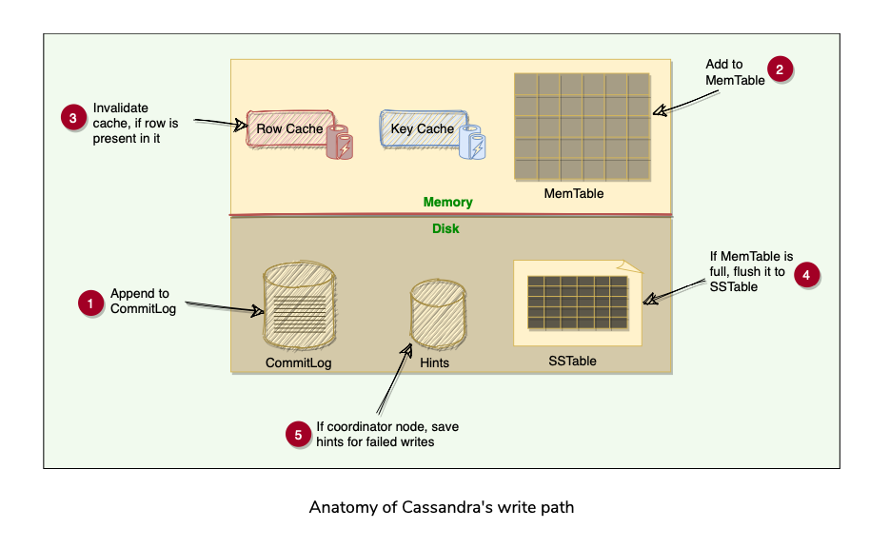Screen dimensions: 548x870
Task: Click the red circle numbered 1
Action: [89, 304]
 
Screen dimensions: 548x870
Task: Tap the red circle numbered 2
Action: [781, 69]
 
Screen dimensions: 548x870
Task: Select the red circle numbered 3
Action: [73, 118]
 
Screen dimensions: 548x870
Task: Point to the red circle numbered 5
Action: [299, 435]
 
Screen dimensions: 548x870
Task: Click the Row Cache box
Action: [289, 128]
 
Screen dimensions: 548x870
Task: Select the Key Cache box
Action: [423, 128]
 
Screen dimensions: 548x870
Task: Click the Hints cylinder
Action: [437, 317]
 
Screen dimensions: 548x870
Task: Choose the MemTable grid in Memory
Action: [583, 127]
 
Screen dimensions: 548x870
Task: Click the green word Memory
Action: [448, 203]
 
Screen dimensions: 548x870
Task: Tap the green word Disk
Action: [446, 228]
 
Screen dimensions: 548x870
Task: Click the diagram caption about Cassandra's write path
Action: [442, 507]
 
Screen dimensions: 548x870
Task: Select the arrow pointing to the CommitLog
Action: [221, 307]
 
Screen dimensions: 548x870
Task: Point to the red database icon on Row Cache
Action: [340, 142]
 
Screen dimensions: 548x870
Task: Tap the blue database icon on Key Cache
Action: [472, 142]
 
